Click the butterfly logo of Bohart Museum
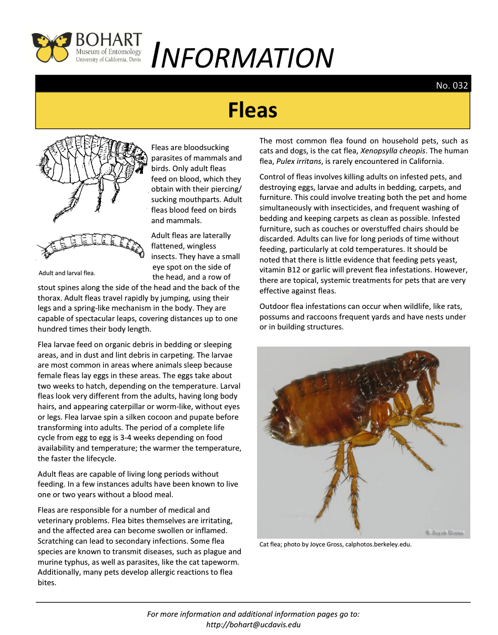click(53, 48)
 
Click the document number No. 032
click(451, 85)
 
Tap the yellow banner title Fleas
click(253, 110)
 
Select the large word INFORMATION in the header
click(242, 57)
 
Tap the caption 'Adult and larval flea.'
click(67, 273)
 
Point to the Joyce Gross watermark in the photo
click(445, 531)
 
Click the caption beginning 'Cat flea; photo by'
click(335, 544)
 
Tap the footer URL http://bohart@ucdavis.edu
click(253, 624)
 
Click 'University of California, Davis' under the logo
click(109, 59)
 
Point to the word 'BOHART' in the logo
click(109, 41)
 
